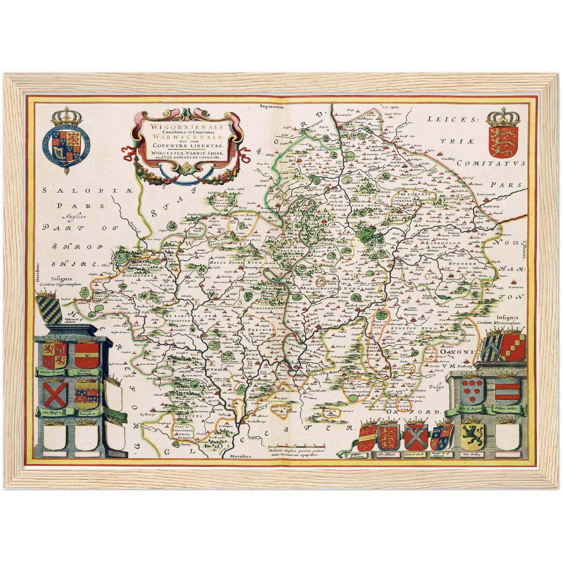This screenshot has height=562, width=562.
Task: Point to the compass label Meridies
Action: pyautogui.click(x=242, y=455)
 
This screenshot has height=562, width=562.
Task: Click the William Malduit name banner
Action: pyautogui.click(x=508, y=408)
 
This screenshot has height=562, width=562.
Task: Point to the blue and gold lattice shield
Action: pyautogui.click(x=49, y=308)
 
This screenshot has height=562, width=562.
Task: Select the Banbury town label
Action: pyautogui.click(x=465, y=366)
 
